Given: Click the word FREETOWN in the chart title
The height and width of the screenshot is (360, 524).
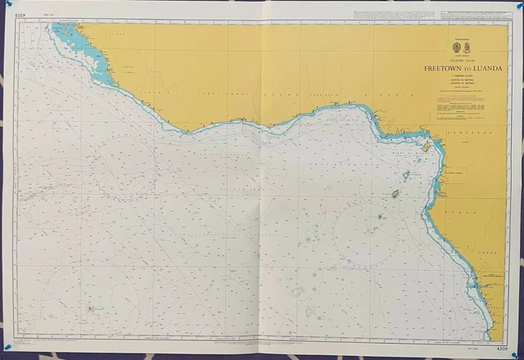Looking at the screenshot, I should (452, 69).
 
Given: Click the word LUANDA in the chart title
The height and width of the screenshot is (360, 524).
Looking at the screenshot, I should (486, 69).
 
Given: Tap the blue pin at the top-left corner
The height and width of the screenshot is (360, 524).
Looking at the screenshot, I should (7, 7).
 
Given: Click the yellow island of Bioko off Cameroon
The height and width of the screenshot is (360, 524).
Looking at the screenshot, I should (427, 147).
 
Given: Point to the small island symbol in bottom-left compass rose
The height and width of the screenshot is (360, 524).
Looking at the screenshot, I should (88, 309).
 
